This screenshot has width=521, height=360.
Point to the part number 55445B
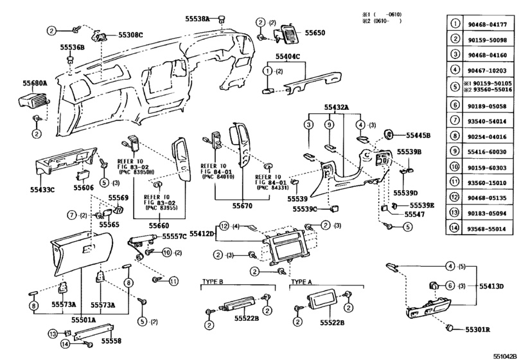[x=418, y=135]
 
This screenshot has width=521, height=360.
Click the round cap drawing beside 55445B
[x=390, y=134]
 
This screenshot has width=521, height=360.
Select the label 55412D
[x=201, y=235]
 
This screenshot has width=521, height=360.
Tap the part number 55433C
[x=42, y=190]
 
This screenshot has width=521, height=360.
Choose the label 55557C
[x=174, y=237]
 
